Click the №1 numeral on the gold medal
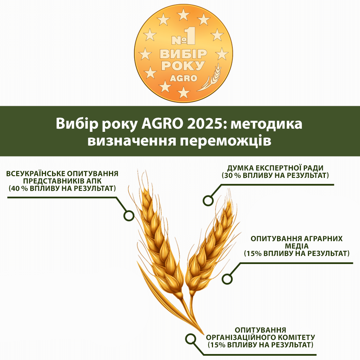pyautogui.click(x=184, y=36)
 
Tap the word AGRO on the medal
pyautogui.click(x=184, y=78)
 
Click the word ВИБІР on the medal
pyautogui.click(x=184, y=54)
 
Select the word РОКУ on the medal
pyautogui.click(x=183, y=65)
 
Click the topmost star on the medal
pyautogui.click(x=183, y=14)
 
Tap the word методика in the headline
pyautogui.click(x=266, y=124)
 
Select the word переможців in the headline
pyautogui.click(x=225, y=141)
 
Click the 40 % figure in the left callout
pyautogui.click(x=19, y=188)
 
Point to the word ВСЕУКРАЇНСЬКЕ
pyautogui.click(x=34, y=173)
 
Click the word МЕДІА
pyautogui.click(x=297, y=246)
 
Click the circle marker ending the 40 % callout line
pyautogui.click(x=129, y=216)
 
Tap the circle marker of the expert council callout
pyautogui.click(x=208, y=200)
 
